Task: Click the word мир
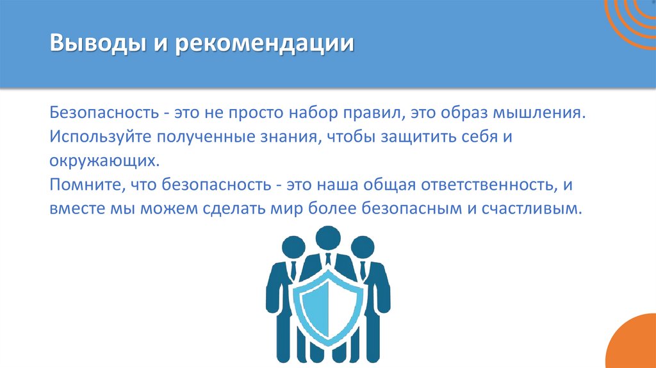click(x=304, y=209)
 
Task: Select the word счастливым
click(x=542, y=209)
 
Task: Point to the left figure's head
click(x=293, y=247)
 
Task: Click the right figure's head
click(x=363, y=247)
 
